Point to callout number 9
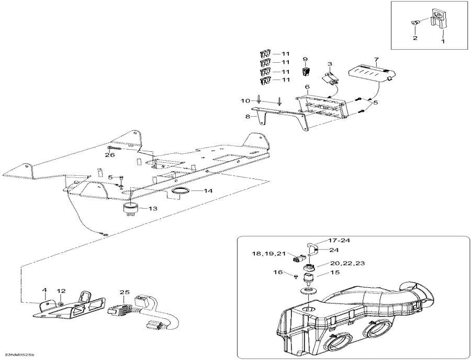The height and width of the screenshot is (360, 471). (305, 59)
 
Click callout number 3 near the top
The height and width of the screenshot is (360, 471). (330, 64)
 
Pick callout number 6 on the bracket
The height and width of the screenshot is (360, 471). (307, 86)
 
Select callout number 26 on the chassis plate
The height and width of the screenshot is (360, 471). (109, 155)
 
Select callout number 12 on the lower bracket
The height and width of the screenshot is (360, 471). (61, 290)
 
